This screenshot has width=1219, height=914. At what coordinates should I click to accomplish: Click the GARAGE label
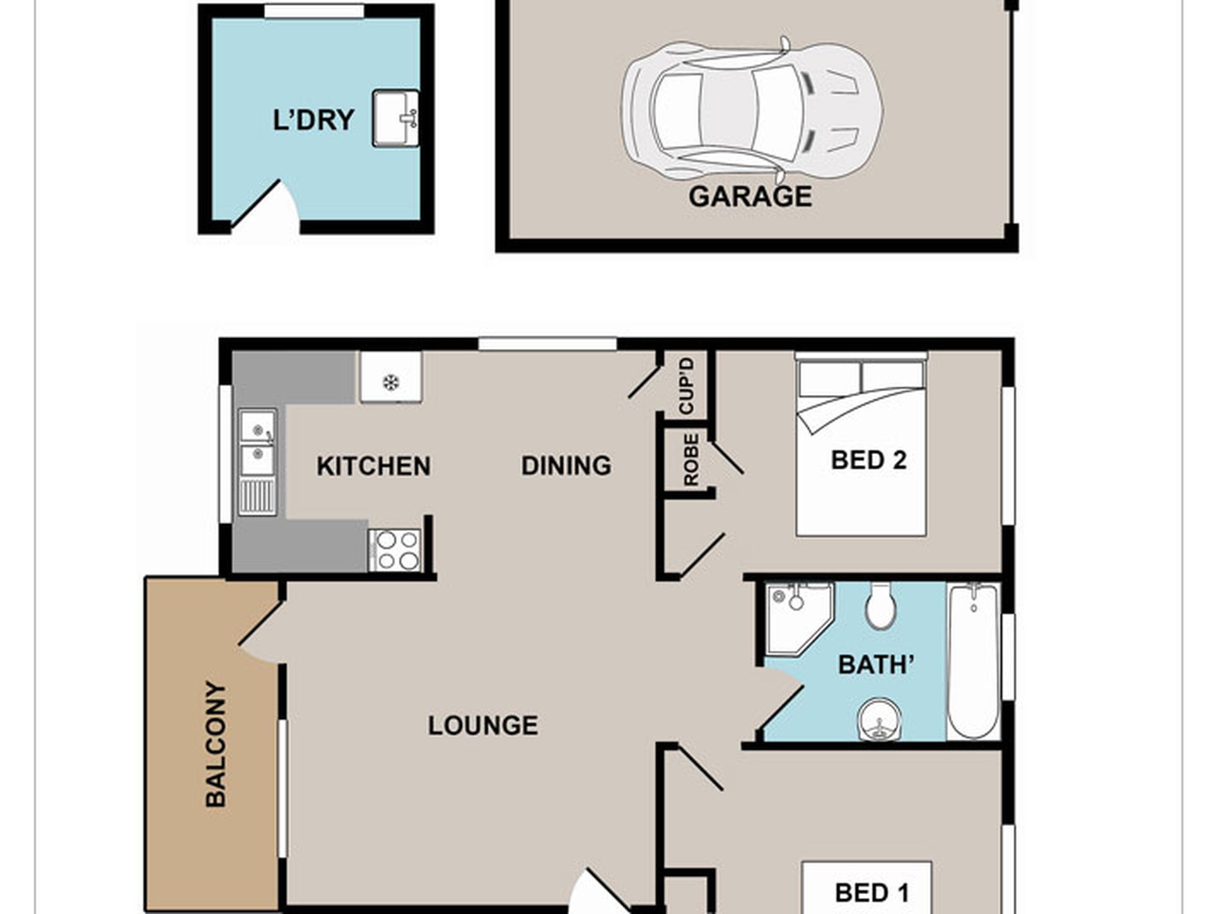(750, 196)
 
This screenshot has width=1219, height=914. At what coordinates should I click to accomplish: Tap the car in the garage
(751, 110)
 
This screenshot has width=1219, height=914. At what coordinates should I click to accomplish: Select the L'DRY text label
(314, 120)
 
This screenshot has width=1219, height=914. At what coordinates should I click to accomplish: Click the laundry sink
(396, 118)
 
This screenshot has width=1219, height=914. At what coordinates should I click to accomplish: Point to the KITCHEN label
(373, 466)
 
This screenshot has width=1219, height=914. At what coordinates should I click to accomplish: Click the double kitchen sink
(258, 462)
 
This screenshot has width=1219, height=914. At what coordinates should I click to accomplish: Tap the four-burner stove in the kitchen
(395, 550)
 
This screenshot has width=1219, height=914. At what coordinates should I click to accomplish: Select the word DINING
(567, 466)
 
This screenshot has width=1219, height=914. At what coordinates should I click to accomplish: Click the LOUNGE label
(483, 725)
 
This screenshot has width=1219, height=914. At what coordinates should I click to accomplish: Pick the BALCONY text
(216, 744)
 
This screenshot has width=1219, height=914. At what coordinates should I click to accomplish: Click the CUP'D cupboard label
(686, 386)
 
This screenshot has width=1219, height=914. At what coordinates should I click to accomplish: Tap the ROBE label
(691, 460)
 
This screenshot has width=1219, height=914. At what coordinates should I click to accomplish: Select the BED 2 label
(869, 460)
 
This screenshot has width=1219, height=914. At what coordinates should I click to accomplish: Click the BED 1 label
(871, 893)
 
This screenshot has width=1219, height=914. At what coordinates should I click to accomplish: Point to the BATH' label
(876, 665)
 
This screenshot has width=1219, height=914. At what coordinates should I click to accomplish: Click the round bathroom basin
(879, 720)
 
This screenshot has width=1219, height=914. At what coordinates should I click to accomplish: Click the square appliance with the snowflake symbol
(391, 377)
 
